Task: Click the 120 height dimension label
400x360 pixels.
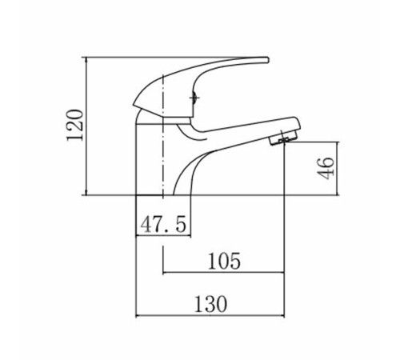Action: click(75, 125)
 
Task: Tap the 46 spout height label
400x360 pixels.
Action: click(325, 168)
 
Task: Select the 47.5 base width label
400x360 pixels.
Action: click(163, 224)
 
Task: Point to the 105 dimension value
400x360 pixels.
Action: click(224, 261)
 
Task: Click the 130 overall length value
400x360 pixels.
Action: click(210, 304)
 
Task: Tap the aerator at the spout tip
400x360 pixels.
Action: click(283, 138)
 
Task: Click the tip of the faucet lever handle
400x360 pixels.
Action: click(267, 60)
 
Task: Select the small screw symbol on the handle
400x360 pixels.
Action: click(194, 98)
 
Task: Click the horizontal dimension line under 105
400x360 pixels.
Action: click(223, 273)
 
